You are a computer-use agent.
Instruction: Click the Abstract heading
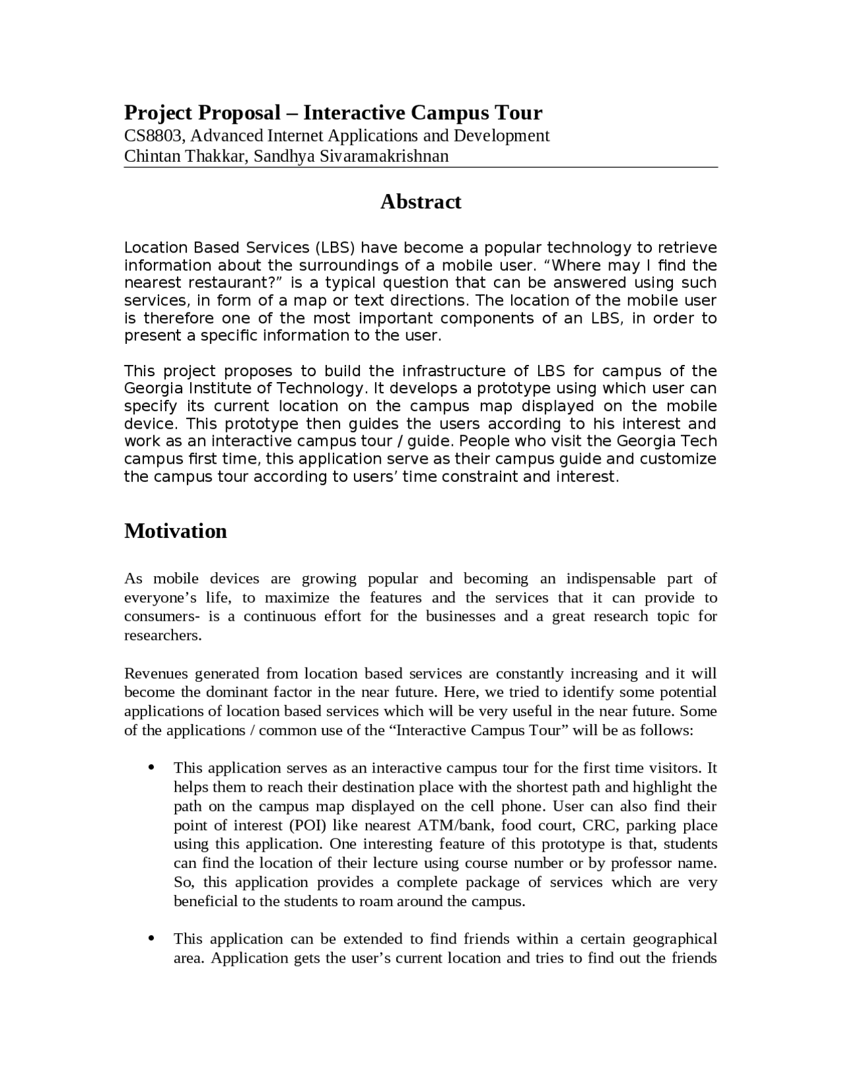coord(420,201)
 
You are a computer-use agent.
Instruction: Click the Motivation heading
coord(176,531)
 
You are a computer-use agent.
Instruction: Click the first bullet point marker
coord(151,767)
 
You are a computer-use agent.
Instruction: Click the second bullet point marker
coord(151,938)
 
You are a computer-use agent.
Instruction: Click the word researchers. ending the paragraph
coord(162,635)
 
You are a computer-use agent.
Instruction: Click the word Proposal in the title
coord(239,112)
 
